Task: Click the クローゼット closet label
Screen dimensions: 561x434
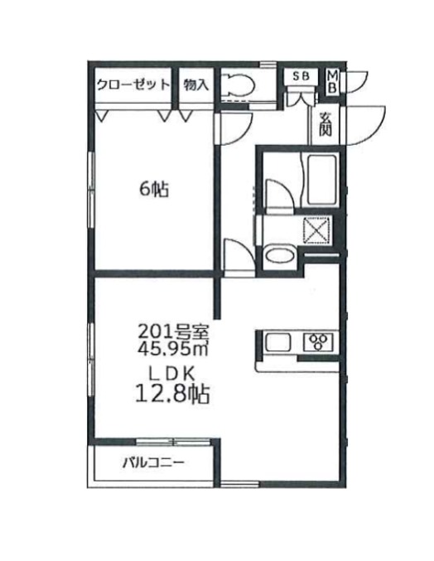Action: pos(133,84)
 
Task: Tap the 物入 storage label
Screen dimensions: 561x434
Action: pos(195,84)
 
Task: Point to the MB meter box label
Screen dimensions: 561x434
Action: pos(331,81)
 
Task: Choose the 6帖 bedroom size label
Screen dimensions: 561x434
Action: pos(153,190)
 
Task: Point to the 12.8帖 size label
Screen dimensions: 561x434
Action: pos(172,392)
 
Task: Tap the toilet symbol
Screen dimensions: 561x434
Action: pos(240,85)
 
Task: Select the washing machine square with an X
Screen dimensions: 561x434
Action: pos(319,228)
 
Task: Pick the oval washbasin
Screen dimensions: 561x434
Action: pos(279,255)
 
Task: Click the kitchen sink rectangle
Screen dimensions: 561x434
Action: pos(279,342)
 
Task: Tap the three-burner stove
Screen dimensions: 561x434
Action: pos(320,341)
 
